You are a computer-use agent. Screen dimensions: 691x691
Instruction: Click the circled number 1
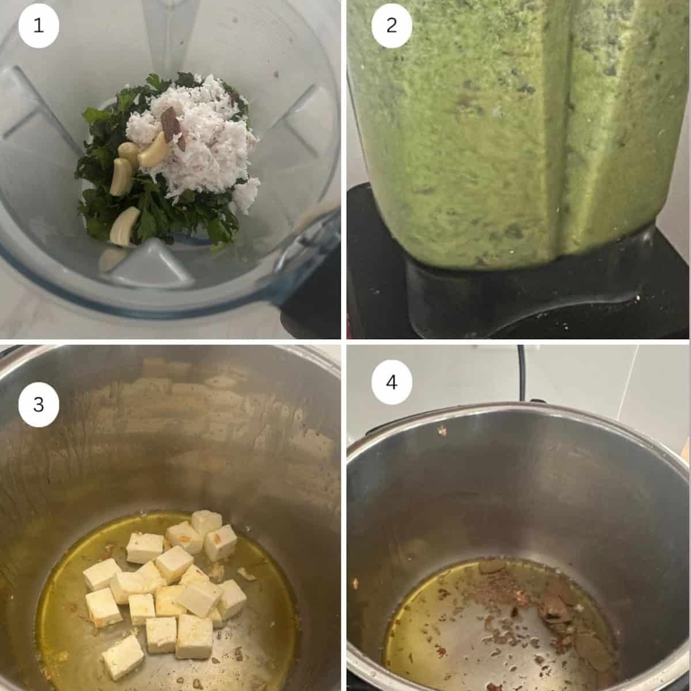coord(39,26)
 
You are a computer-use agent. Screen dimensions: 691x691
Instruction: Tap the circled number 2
coord(392,26)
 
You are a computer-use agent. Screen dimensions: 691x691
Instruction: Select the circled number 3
coord(39,404)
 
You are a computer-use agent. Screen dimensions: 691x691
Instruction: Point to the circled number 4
coord(392,382)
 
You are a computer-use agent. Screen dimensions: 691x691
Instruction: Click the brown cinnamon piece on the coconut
coord(170,123)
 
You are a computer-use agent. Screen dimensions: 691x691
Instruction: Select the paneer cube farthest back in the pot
coord(206,522)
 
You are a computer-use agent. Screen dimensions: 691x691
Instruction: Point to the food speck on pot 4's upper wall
coord(442,431)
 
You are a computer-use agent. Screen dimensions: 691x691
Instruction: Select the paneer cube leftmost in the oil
coord(101,574)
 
